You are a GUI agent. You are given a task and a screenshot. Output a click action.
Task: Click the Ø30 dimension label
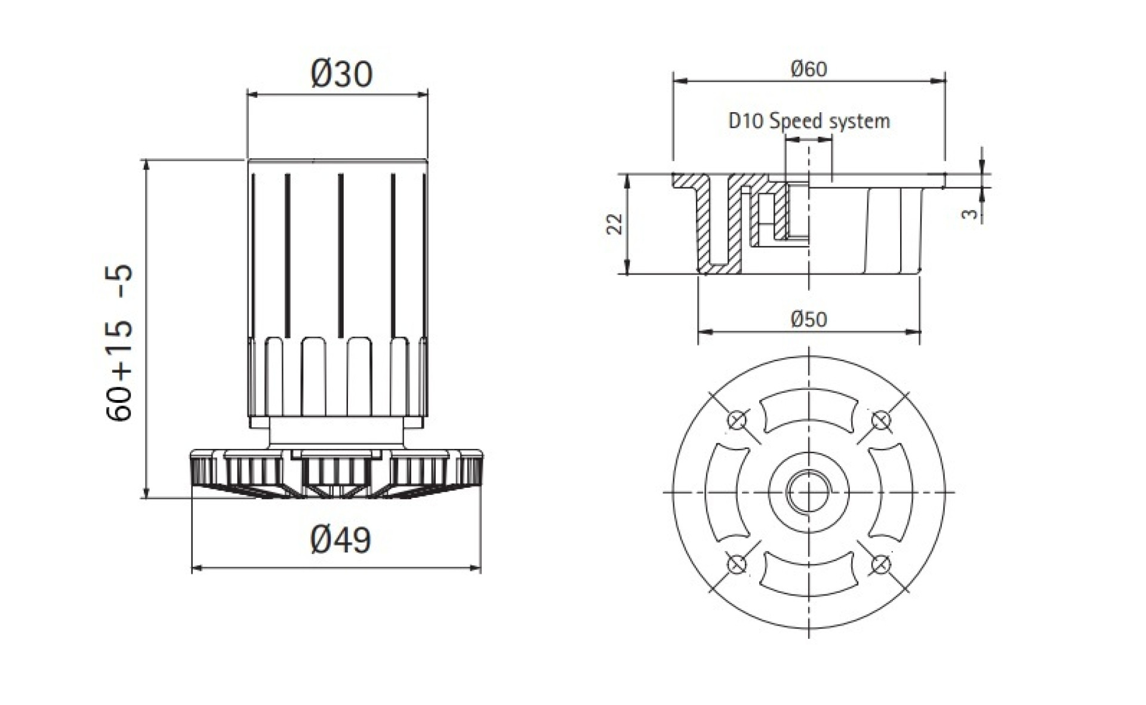click(x=341, y=75)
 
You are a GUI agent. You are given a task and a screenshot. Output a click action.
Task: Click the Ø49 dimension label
click(x=341, y=540)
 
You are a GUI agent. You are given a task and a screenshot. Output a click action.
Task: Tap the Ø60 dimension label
click(x=809, y=69)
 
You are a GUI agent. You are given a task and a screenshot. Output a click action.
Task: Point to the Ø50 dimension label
click(x=809, y=319)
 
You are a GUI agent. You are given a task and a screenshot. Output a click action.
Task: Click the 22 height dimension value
click(x=615, y=224)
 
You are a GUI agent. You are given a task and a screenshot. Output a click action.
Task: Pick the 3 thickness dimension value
click(x=971, y=214)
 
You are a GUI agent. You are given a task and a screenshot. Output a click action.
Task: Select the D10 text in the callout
click(x=746, y=121)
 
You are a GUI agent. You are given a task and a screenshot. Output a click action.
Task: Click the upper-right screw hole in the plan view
click(x=880, y=420)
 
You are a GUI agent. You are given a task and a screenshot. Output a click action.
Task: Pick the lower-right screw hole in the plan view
click(x=880, y=563)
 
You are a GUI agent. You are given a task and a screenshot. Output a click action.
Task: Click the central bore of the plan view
click(x=809, y=492)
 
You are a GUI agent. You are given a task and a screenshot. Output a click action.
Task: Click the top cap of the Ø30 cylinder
click(x=338, y=167)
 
